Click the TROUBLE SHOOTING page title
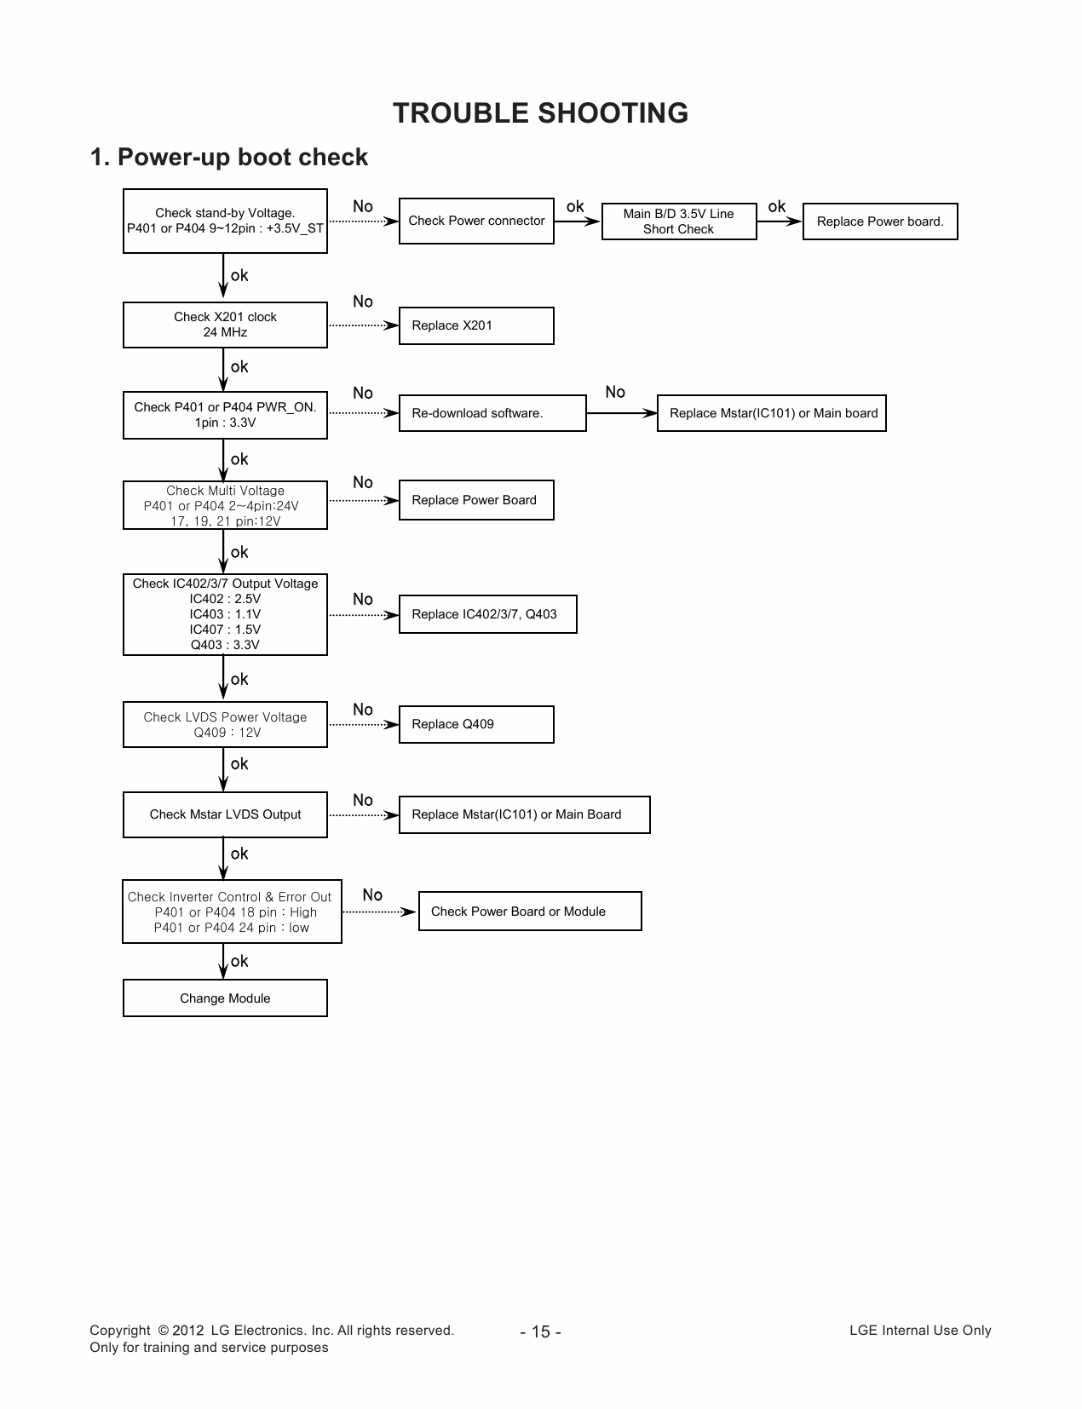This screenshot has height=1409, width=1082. [x=540, y=113]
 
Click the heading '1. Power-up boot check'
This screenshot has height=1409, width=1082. [x=229, y=158]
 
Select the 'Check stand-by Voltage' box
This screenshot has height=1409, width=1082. [x=225, y=221]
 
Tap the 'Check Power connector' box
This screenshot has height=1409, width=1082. [x=476, y=221]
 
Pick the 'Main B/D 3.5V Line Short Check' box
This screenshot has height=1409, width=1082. [x=678, y=221]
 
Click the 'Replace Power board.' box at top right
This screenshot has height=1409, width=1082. [x=879, y=221]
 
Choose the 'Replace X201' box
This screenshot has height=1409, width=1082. [x=475, y=325]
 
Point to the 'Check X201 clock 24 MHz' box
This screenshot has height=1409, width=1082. [x=225, y=325]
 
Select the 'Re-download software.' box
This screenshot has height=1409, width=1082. [x=492, y=413]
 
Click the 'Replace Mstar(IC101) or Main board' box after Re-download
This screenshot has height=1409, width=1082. [x=772, y=413]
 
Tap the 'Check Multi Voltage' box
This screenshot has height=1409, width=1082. [x=225, y=505]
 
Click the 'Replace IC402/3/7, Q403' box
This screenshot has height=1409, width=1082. [x=487, y=614]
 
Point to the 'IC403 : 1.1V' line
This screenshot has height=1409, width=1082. [x=225, y=614]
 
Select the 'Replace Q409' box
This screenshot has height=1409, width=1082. [x=475, y=724]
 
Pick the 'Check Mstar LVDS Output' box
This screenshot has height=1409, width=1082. [x=225, y=814]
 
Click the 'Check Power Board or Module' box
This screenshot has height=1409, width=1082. [x=529, y=912]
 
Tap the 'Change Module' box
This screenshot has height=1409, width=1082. [x=225, y=998]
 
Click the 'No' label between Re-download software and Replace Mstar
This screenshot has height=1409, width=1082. [x=615, y=392]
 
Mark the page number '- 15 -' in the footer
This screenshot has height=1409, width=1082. [x=540, y=1331]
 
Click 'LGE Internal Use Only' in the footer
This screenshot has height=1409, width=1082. [x=920, y=1331]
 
